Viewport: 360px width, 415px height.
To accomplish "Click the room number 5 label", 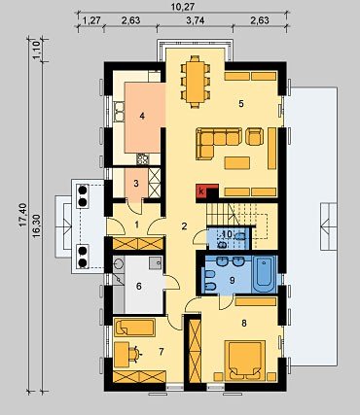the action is [x=241, y=104].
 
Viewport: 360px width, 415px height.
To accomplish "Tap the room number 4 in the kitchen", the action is [x=142, y=116].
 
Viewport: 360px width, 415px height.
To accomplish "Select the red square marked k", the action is [x=201, y=191].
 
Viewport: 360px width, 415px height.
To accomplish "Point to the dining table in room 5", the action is [x=196, y=82].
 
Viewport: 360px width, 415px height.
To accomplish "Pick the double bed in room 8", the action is [x=246, y=361].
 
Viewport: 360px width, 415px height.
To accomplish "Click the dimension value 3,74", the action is [x=196, y=20].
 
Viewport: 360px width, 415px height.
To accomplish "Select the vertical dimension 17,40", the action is [x=23, y=215].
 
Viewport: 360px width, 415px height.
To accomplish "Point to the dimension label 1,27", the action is [x=91, y=20].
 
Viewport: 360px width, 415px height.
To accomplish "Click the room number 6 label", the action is [x=139, y=287].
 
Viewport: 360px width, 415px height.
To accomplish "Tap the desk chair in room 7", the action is [x=135, y=354].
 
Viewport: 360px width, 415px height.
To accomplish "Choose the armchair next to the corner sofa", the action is [x=254, y=137].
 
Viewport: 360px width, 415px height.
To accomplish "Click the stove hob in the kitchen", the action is [x=143, y=159].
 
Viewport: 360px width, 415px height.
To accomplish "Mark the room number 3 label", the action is [x=136, y=184].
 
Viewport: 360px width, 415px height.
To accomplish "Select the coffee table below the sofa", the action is [x=237, y=163].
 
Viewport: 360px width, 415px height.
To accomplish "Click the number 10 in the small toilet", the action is [x=228, y=233].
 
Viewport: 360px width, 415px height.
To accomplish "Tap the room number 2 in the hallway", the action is [x=184, y=226].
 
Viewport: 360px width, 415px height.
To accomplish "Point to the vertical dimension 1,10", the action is [x=36, y=50].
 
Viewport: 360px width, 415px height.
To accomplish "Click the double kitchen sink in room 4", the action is [x=120, y=112].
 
